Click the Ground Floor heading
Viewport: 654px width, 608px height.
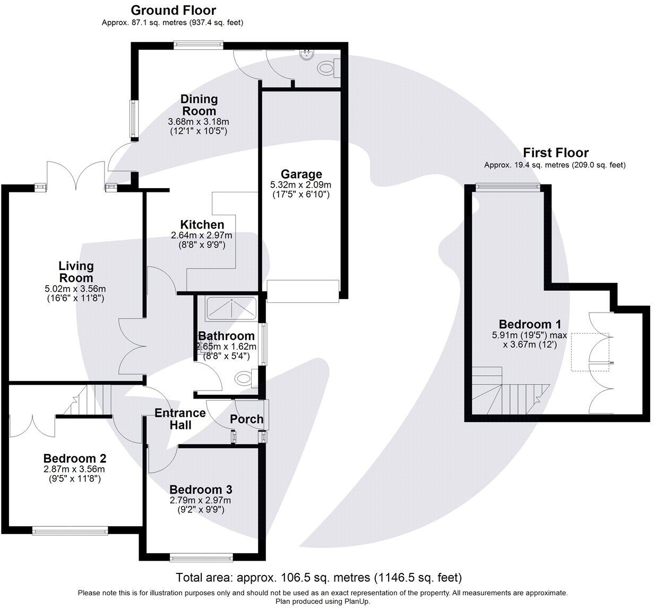(x=173, y=10)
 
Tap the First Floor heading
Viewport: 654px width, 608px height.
(x=555, y=153)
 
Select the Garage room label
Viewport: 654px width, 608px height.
(x=301, y=174)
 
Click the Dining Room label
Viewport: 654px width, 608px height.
(x=199, y=105)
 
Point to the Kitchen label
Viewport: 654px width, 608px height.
(x=202, y=225)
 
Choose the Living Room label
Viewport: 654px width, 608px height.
(x=76, y=272)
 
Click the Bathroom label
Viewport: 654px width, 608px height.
(x=226, y=336)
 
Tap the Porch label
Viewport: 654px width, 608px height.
(x=246, y=419)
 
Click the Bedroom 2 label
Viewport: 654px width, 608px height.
(x=75, y=458)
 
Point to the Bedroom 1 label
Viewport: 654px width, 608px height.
(x=530, y=324)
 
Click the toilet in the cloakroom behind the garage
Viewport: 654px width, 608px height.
(x=326, y=68)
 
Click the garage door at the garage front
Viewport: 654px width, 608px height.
(x=303, y=291)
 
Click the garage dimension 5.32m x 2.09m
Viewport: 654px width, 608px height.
(x=300, y=185)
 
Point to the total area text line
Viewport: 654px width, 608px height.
(x=319, y=577)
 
